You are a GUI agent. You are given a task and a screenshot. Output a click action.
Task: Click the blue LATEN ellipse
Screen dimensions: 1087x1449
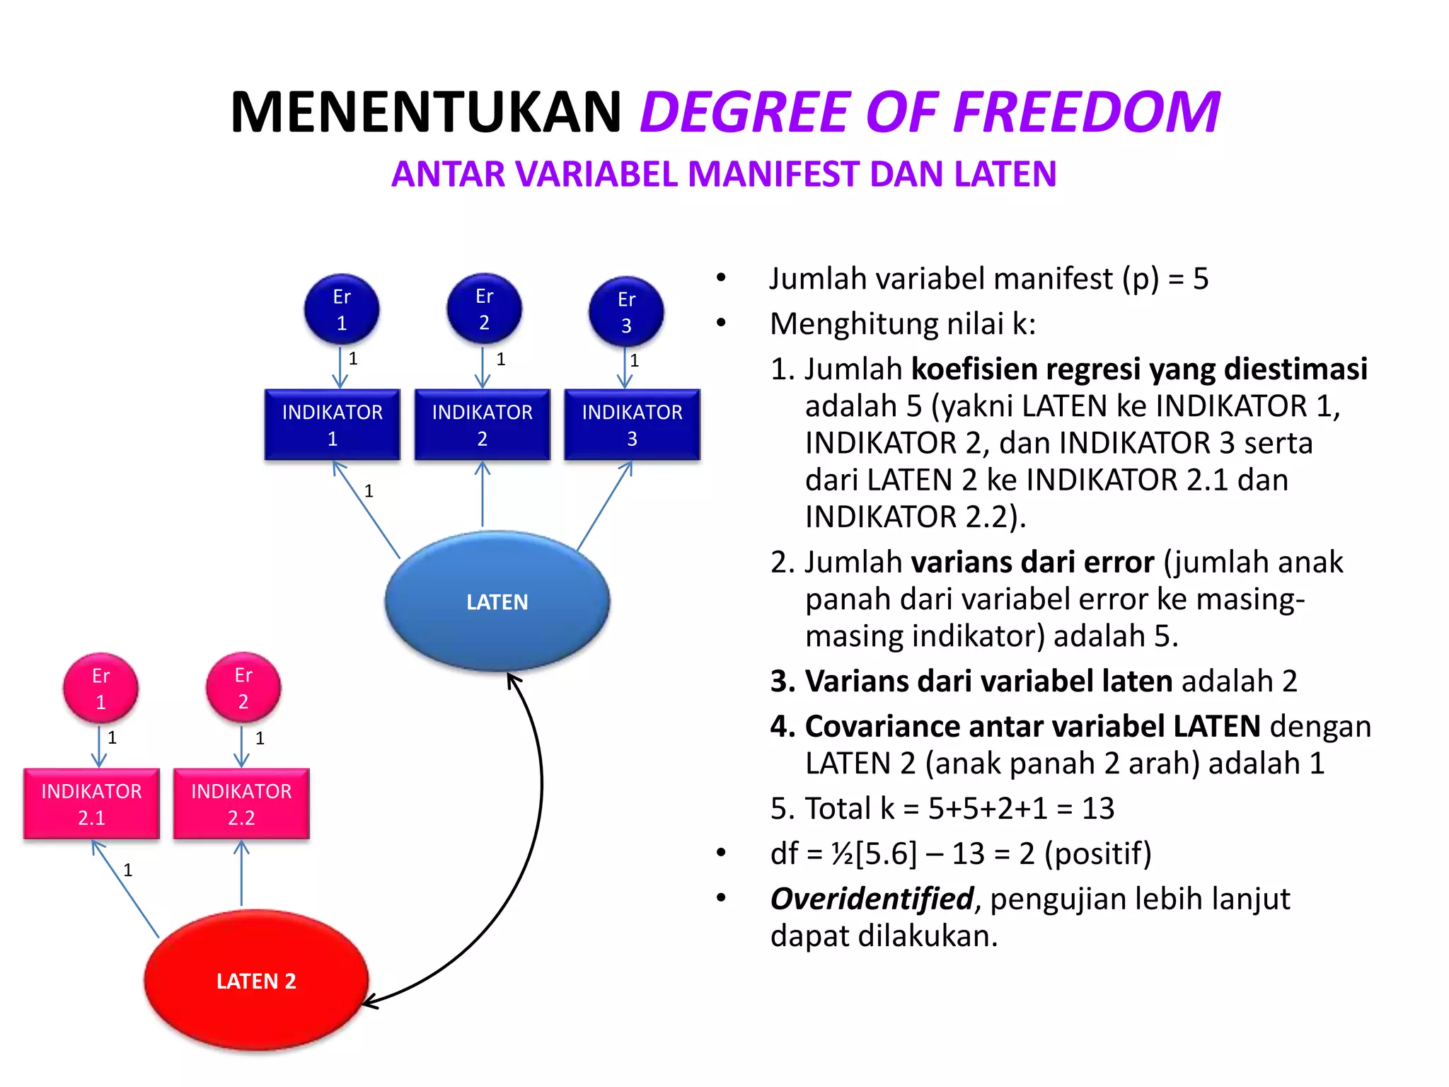click(x=497, y=602)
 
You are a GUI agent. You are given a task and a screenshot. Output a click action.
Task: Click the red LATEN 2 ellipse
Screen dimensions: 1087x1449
click(x=255, y=981)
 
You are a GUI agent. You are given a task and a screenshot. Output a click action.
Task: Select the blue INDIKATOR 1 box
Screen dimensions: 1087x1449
click(x=332, y=425)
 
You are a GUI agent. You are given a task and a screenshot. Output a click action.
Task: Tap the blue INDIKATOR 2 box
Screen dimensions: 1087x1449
click(x=482, y=425)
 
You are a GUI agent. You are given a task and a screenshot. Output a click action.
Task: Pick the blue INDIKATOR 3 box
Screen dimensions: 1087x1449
click(x=632, y=425)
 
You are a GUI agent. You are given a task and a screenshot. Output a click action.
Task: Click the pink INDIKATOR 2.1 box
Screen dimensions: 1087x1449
click(x=91, y=804)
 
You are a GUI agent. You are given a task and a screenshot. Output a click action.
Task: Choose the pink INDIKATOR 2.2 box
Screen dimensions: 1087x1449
click(x=241, y=804)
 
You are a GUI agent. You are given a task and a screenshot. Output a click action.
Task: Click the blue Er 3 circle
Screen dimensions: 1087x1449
click(x=626, y=312)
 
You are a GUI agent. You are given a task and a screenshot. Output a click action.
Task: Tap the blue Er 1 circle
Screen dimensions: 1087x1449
click(x=342, y=309)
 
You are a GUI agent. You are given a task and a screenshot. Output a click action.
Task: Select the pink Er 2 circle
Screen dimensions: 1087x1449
click(x=243, y=688)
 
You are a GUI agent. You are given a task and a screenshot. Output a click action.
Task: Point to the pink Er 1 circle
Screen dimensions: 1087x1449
click(x=100, y=688)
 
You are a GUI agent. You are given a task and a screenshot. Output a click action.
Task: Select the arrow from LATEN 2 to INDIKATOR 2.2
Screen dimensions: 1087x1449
click(x=241, y=874)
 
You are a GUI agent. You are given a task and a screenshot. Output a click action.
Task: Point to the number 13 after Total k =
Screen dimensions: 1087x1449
click(x=1097, y=808)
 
